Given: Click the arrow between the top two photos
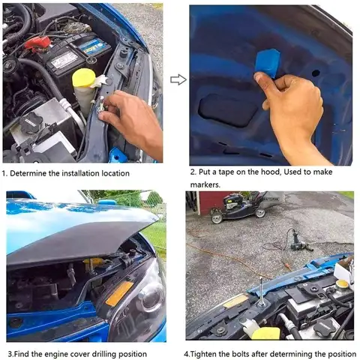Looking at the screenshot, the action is tap(178, 79).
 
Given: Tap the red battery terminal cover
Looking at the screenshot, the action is tap(37, 43).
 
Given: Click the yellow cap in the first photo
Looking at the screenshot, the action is tap(83, 78).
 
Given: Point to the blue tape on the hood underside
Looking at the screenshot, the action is tap(267, 63).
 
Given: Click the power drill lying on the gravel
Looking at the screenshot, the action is tap(298, 241).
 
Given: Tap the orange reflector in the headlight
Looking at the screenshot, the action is tap(119, 293).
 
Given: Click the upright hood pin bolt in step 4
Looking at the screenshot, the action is tap(261, 292).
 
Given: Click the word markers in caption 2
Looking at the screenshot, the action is tap(205, 185).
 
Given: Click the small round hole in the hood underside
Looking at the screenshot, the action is tap(316, 73).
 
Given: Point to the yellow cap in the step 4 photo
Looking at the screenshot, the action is tap(342, 284).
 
